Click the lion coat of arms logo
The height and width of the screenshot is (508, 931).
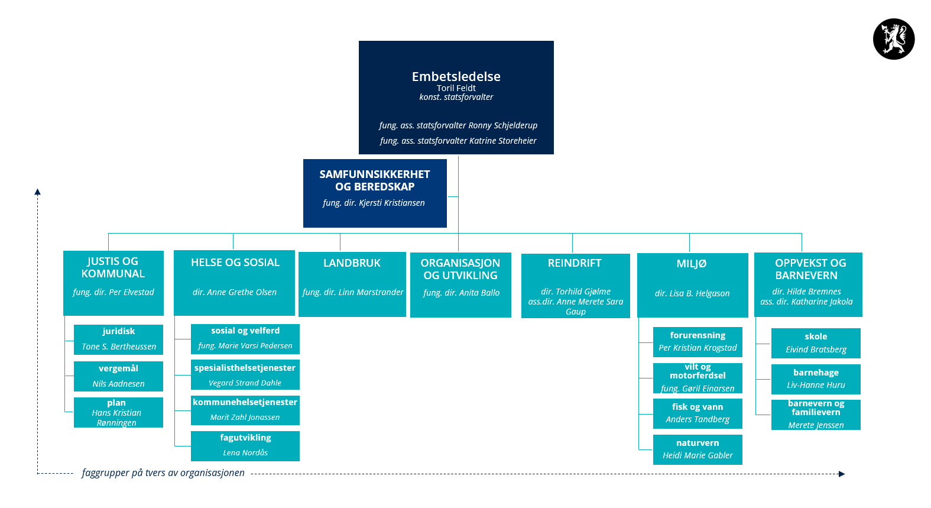click(894, 39)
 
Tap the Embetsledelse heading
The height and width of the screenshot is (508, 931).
click(456, 76)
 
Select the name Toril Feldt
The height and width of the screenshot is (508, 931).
click(456, 88)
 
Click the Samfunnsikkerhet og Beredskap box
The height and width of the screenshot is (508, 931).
click(375, 193)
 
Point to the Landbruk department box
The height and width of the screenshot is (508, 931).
click(352, 284)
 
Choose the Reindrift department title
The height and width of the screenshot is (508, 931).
click(575, 263)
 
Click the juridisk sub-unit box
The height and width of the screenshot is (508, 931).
click(118, 339)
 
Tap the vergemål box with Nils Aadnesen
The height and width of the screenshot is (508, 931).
click(118, 376)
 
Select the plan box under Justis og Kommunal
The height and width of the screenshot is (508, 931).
click(118, 412)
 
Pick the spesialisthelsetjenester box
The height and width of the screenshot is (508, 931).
click(245, 374)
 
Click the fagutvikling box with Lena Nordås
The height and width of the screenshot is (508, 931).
click(245, 446)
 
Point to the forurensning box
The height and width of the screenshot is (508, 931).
click(698, 342)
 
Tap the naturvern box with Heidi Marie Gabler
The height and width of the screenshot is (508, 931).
click(698, 450)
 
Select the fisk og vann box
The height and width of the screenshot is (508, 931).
click(698, 413)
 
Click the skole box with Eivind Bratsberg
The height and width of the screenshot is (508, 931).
click(816, 344)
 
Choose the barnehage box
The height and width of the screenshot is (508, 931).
click(816, 379)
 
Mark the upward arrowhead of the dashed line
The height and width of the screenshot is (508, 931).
click(37, 192)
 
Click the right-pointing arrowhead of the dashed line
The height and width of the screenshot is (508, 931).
click(842, 474)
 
